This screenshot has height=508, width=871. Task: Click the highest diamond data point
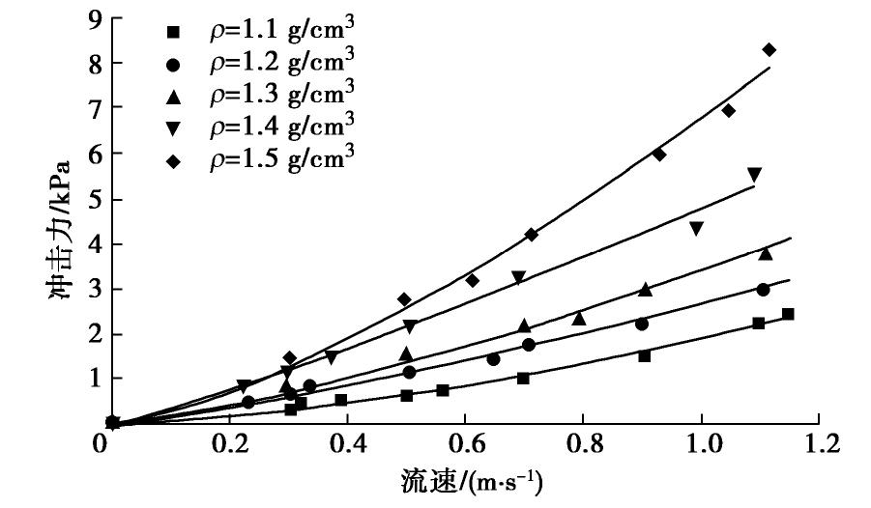(769, 49)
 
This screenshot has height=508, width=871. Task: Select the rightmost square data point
(788, 314)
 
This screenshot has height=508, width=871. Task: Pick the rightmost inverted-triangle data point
(754, 175)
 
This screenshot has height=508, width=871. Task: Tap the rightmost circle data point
(763, 290)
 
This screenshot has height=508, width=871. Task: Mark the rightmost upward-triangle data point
(766, 253)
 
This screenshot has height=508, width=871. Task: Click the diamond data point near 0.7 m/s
(531, 235)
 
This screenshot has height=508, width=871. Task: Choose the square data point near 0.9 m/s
(644, 355)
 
